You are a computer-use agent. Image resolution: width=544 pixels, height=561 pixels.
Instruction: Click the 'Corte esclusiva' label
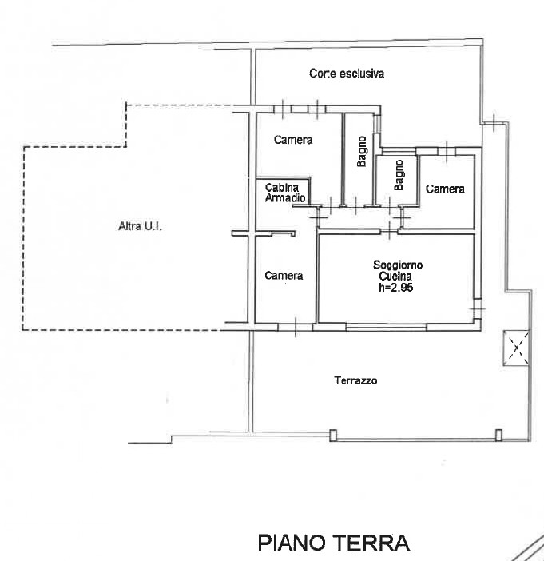[x=347, y=74]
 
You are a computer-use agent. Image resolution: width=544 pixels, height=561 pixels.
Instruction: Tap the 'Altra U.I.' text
[x=140, y=227]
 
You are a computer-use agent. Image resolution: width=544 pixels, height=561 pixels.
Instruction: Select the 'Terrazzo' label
[x=355, y=380]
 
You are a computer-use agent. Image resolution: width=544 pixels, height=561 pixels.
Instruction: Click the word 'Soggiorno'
[x=397, y=265]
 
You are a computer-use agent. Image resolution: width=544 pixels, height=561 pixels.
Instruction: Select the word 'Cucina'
[x=397, y=277]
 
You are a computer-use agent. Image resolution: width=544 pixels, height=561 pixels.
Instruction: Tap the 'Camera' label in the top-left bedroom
[x=292, y=140]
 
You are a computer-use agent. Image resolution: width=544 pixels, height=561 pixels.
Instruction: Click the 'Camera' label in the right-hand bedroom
[x=445, y=189]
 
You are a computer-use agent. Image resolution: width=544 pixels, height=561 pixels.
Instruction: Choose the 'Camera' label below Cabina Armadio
[x=284, y=276]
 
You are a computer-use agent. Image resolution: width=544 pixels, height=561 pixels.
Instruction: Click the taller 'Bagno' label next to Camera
[x=362, y=153]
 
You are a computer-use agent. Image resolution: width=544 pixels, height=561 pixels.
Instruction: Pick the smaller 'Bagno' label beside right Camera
[x=399, y=174]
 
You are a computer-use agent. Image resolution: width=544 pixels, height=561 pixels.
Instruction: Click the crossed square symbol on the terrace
[x=516, y=347]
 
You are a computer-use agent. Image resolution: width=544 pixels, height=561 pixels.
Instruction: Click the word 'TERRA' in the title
[x=374, y=543]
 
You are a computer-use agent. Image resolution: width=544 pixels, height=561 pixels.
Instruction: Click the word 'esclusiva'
[x=361, y=74]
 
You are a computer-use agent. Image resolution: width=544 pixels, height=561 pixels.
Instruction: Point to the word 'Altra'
[x=129, y=227]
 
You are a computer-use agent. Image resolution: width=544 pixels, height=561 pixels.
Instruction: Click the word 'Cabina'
[x=282, y=188]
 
